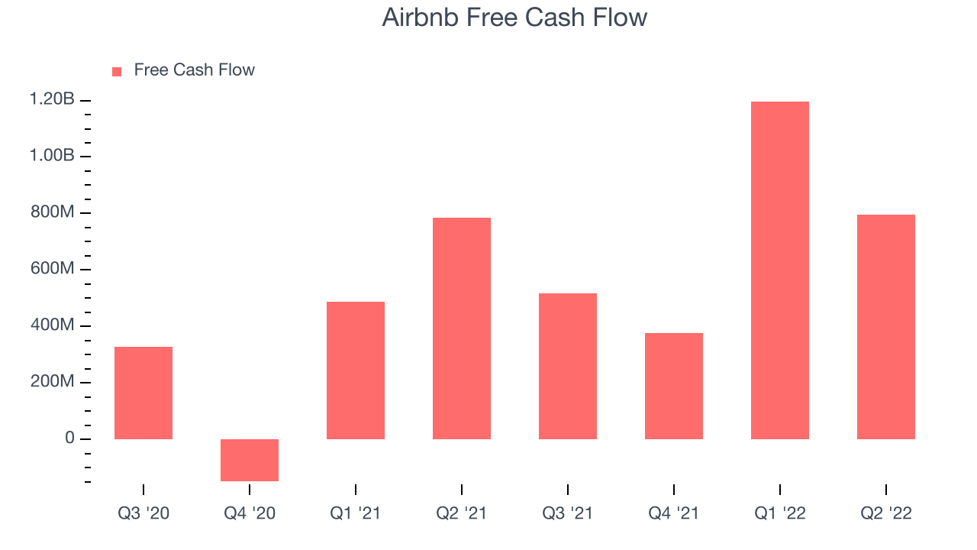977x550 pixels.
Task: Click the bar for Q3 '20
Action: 143,393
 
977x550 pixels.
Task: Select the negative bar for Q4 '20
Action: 250,460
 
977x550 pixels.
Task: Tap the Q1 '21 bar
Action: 356,370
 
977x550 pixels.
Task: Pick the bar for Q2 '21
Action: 462,328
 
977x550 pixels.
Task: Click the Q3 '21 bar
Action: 567,366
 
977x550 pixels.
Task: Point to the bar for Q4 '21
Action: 674,387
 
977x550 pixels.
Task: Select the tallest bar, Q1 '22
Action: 780,270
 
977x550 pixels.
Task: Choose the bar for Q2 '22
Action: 886,327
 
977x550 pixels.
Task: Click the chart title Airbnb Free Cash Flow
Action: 514,18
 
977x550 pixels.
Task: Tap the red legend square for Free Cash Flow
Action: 117,72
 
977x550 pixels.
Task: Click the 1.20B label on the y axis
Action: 52,99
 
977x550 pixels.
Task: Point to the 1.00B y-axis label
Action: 52,155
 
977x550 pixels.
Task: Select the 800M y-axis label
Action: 53,212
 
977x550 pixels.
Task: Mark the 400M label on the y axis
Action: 53,325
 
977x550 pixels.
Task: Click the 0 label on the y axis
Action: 69,438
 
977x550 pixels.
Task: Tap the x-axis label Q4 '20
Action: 250,513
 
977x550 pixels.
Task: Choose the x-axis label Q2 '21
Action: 462,513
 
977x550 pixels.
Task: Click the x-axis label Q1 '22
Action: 780,513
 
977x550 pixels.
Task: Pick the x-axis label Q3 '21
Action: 567,513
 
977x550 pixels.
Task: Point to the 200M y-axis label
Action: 53,381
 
